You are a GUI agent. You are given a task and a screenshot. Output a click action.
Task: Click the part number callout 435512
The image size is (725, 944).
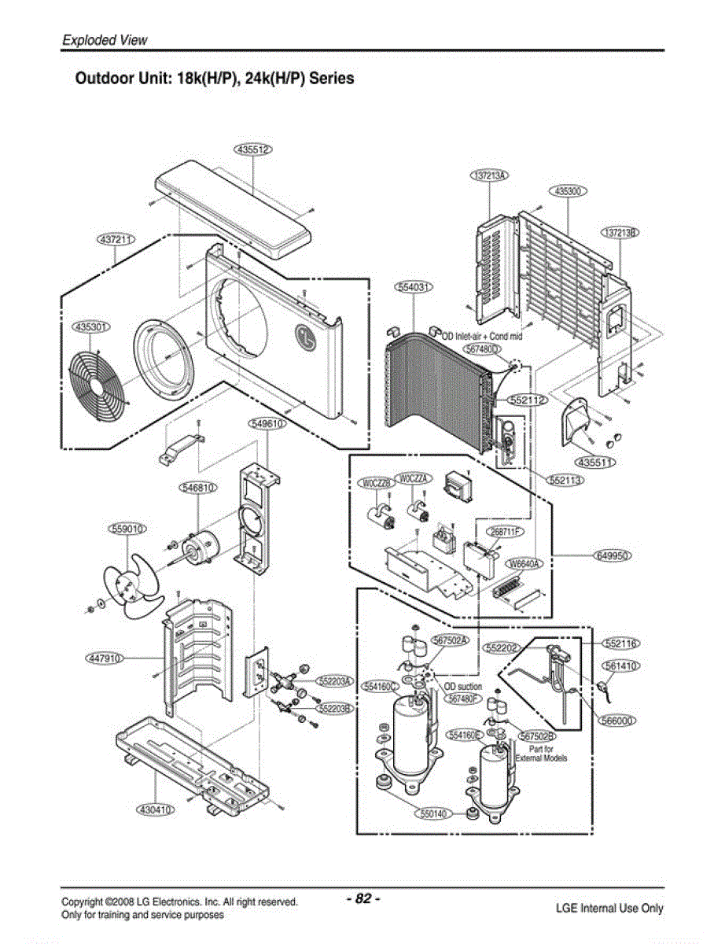tap(252, 149)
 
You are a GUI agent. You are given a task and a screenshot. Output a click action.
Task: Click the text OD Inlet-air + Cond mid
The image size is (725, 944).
tap(482, 336)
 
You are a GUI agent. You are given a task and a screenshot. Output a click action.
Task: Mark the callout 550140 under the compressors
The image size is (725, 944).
tap(429, 813)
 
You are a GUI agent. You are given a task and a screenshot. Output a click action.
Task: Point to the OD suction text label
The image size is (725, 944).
tap(463, 687)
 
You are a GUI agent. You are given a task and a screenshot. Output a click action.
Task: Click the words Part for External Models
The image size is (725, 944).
tap(541, 754)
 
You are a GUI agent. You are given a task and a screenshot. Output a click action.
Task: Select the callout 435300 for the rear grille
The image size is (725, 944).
tap(569, 191)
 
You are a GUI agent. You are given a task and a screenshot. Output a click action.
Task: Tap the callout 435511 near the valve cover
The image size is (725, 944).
tap(596, 461)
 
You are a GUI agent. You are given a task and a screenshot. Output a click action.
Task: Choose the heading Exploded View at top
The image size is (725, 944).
tap(105, 40)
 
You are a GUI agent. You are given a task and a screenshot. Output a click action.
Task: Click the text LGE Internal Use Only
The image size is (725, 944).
tap(609, 909)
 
